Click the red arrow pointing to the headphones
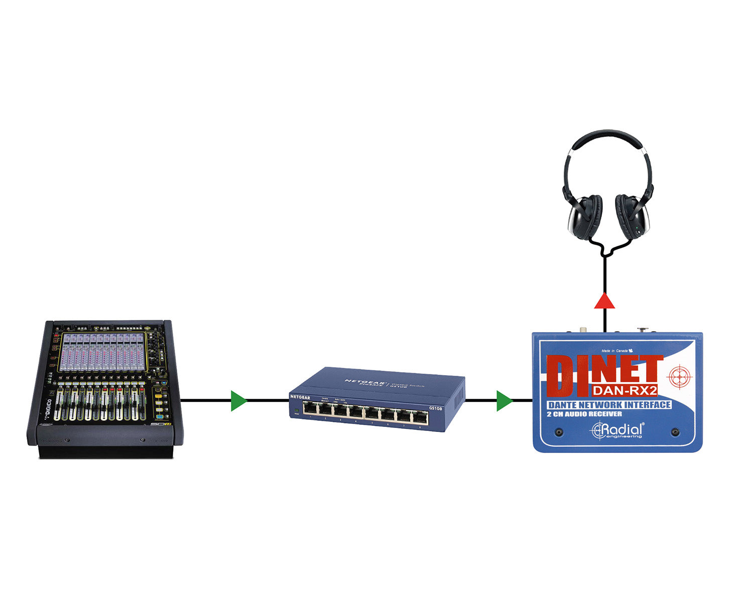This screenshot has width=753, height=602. click(x=604, y=301)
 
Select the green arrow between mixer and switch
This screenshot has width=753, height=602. click(x=238, y=400)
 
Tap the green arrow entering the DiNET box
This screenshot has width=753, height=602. click(x=504, y=400)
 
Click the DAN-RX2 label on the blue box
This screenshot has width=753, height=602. click(x=625, y=390)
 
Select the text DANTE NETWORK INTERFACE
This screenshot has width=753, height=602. click(x=609, y=404)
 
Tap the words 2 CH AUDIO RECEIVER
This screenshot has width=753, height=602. click(x=584, y=414)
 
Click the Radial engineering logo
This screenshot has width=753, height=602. click(x=617, y=430)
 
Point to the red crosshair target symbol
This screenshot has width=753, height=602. click(x=680, y=376)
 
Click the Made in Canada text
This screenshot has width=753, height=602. click(x=614, y=351)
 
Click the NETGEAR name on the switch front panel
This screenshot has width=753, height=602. click(x=300, y=397)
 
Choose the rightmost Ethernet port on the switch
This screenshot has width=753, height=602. click(x=420, y=417)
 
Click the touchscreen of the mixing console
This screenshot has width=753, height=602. click(x=103, y=351)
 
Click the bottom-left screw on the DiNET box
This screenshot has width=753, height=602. click(x=559, y=432)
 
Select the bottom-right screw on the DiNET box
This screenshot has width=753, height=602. click(x=675, y=432)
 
